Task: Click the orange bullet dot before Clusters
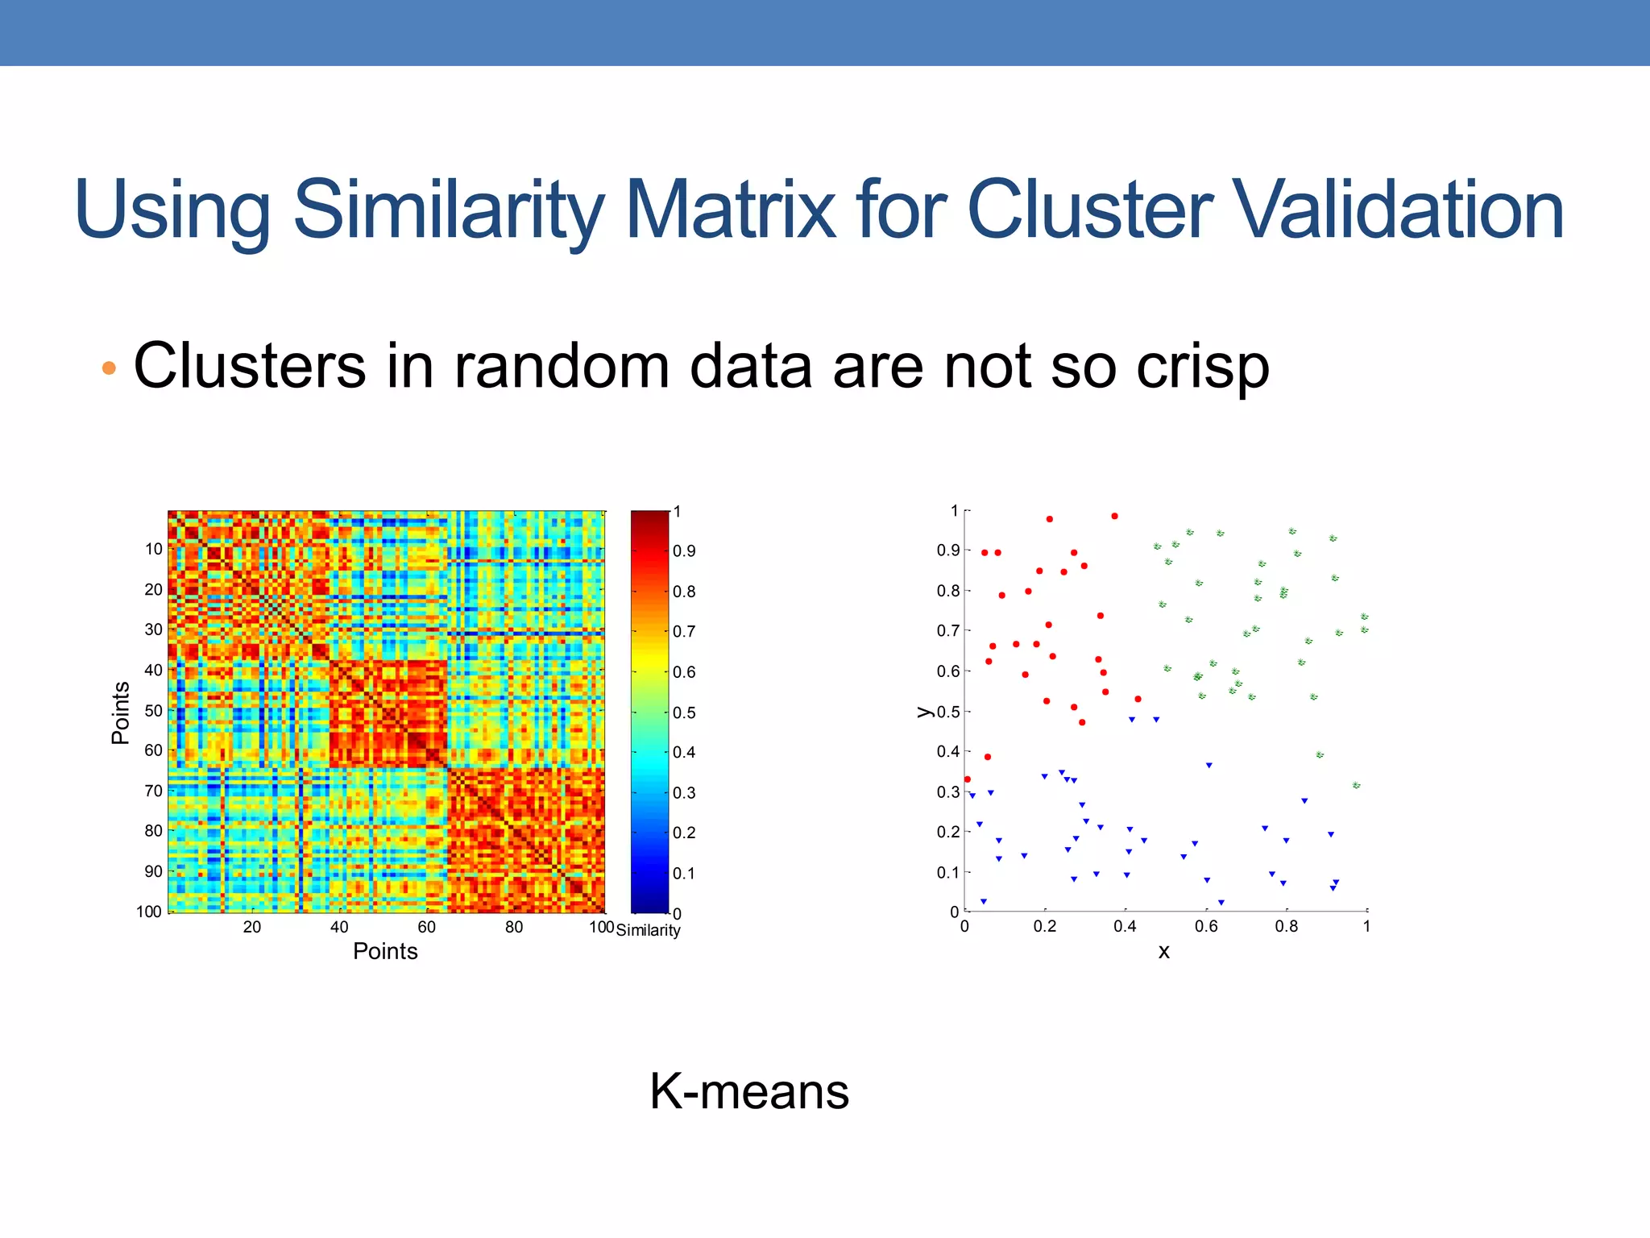coord(110,369)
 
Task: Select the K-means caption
coord(749,1091)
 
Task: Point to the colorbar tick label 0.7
coord(684,631)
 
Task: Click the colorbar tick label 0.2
coord(684,833)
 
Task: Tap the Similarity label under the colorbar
coord(648,930)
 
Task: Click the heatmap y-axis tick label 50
coord(153,710)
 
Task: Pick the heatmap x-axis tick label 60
coord(426,927)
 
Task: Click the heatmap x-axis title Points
coord(385,952)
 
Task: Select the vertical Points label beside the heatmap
coord(121,712)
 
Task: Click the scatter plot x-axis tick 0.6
coord(1205,927)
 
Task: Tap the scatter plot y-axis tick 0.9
coord(947,550)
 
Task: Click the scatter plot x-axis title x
coord(1163,952)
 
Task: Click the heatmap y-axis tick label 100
coord(149,912)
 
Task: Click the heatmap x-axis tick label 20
coord(251,927)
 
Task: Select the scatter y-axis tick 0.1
coord(947,872)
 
